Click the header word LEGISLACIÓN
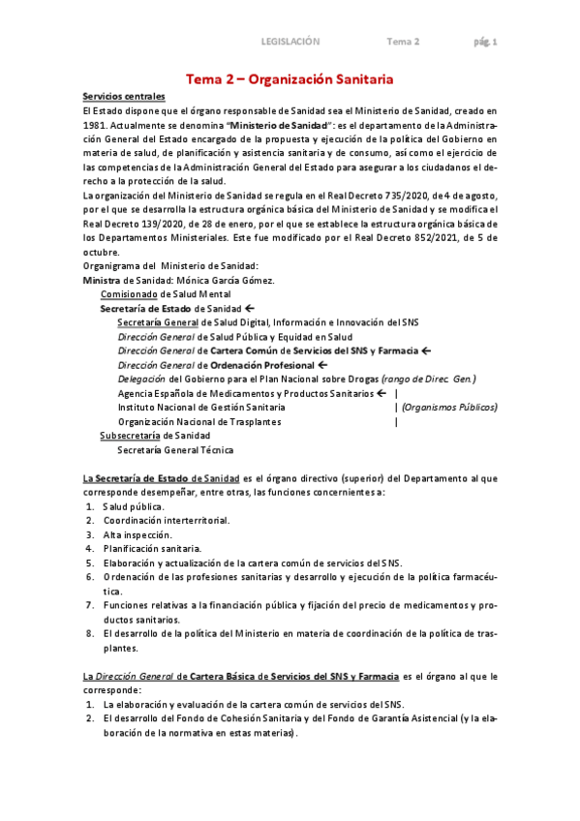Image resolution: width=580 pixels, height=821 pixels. click(x=290, y=42)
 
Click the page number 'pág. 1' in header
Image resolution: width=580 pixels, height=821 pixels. click(x=485, y=42)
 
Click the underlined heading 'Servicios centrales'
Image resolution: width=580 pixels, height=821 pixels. click(x=124, y=97)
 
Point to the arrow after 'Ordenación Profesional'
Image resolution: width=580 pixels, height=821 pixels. click(x=323, y=365)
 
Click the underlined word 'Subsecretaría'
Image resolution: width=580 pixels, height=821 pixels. click(x=130, y=436)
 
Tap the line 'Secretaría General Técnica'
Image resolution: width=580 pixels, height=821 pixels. click(x=175, y=450)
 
